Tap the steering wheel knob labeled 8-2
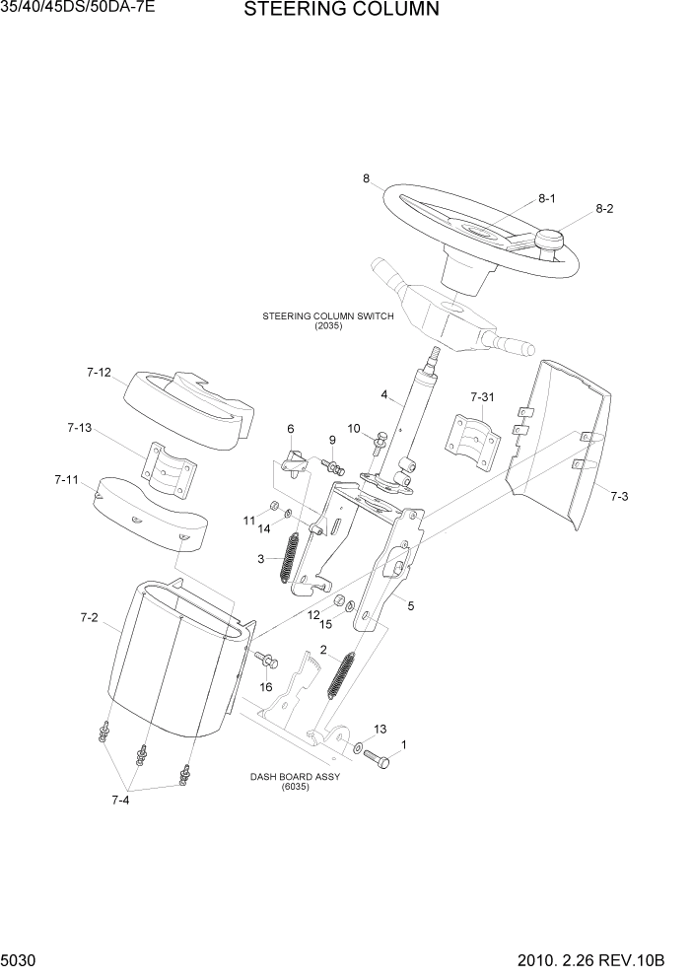pyautogui.click(x=548, y=240)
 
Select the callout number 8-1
pyautogui.click(x=547, y=198)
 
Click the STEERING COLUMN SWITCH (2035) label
pyautogui.click(x=327, y=320)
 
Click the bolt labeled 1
pyautogui.click(x=381, y=760)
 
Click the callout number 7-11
pyautogui.click(x=66, y=480)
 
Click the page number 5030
pyautogui.click(x=21, y=959)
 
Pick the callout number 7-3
pyautogui.click(x=618, y=496)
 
